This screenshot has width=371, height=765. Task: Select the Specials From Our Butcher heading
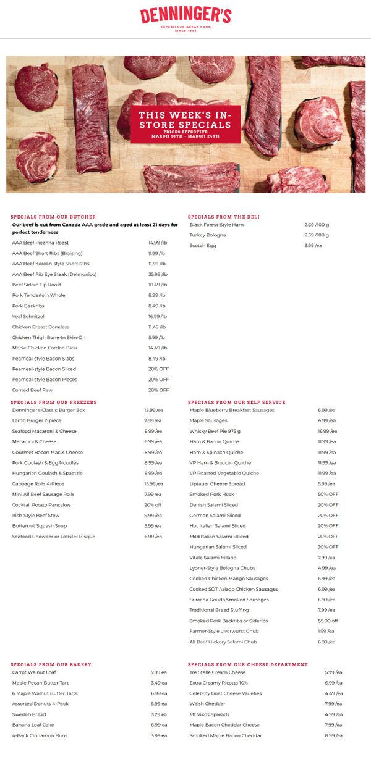pyautogui.click(x=53, y=217)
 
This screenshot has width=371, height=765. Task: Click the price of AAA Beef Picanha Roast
pyautogui.click(x=157, y=243)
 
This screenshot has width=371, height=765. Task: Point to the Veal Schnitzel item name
pyautogui.click(x=28, y=316)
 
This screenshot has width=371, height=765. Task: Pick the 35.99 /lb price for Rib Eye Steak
pyautogui.click(x=158, y=274)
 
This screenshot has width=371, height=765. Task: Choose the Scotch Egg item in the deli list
pyautogui.click(x=203, y=246)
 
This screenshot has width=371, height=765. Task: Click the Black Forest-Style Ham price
pyautogui.click(x=317, y=225)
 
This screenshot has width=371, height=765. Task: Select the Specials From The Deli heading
pyautogui.click(x=224, y=217)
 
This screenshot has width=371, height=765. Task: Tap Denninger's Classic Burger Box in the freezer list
pyautogui.click(x=48, y=410)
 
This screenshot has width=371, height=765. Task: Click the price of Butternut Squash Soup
pyautogui.click(x=153, y=525)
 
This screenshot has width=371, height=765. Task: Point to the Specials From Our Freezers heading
pyautogui.click(x=54, y=402)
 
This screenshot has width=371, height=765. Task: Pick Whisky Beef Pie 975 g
pyautogui.click(x=215, y=431)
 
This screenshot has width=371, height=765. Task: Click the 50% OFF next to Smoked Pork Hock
pyautogui.click(x=328, y=494)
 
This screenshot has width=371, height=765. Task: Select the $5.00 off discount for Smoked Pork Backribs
pyautogui.click(x=328, y=621)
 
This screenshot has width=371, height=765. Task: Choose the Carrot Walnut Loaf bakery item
pyautogui.click(x=34, y=672)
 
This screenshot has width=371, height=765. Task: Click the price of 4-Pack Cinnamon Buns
pyautogui.click(x=158, y=735)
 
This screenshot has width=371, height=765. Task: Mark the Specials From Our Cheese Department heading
pyautogui.click(x=248, y=664)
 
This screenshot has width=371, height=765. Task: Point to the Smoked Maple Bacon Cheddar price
pyautogui.click(x=333, y=735)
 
